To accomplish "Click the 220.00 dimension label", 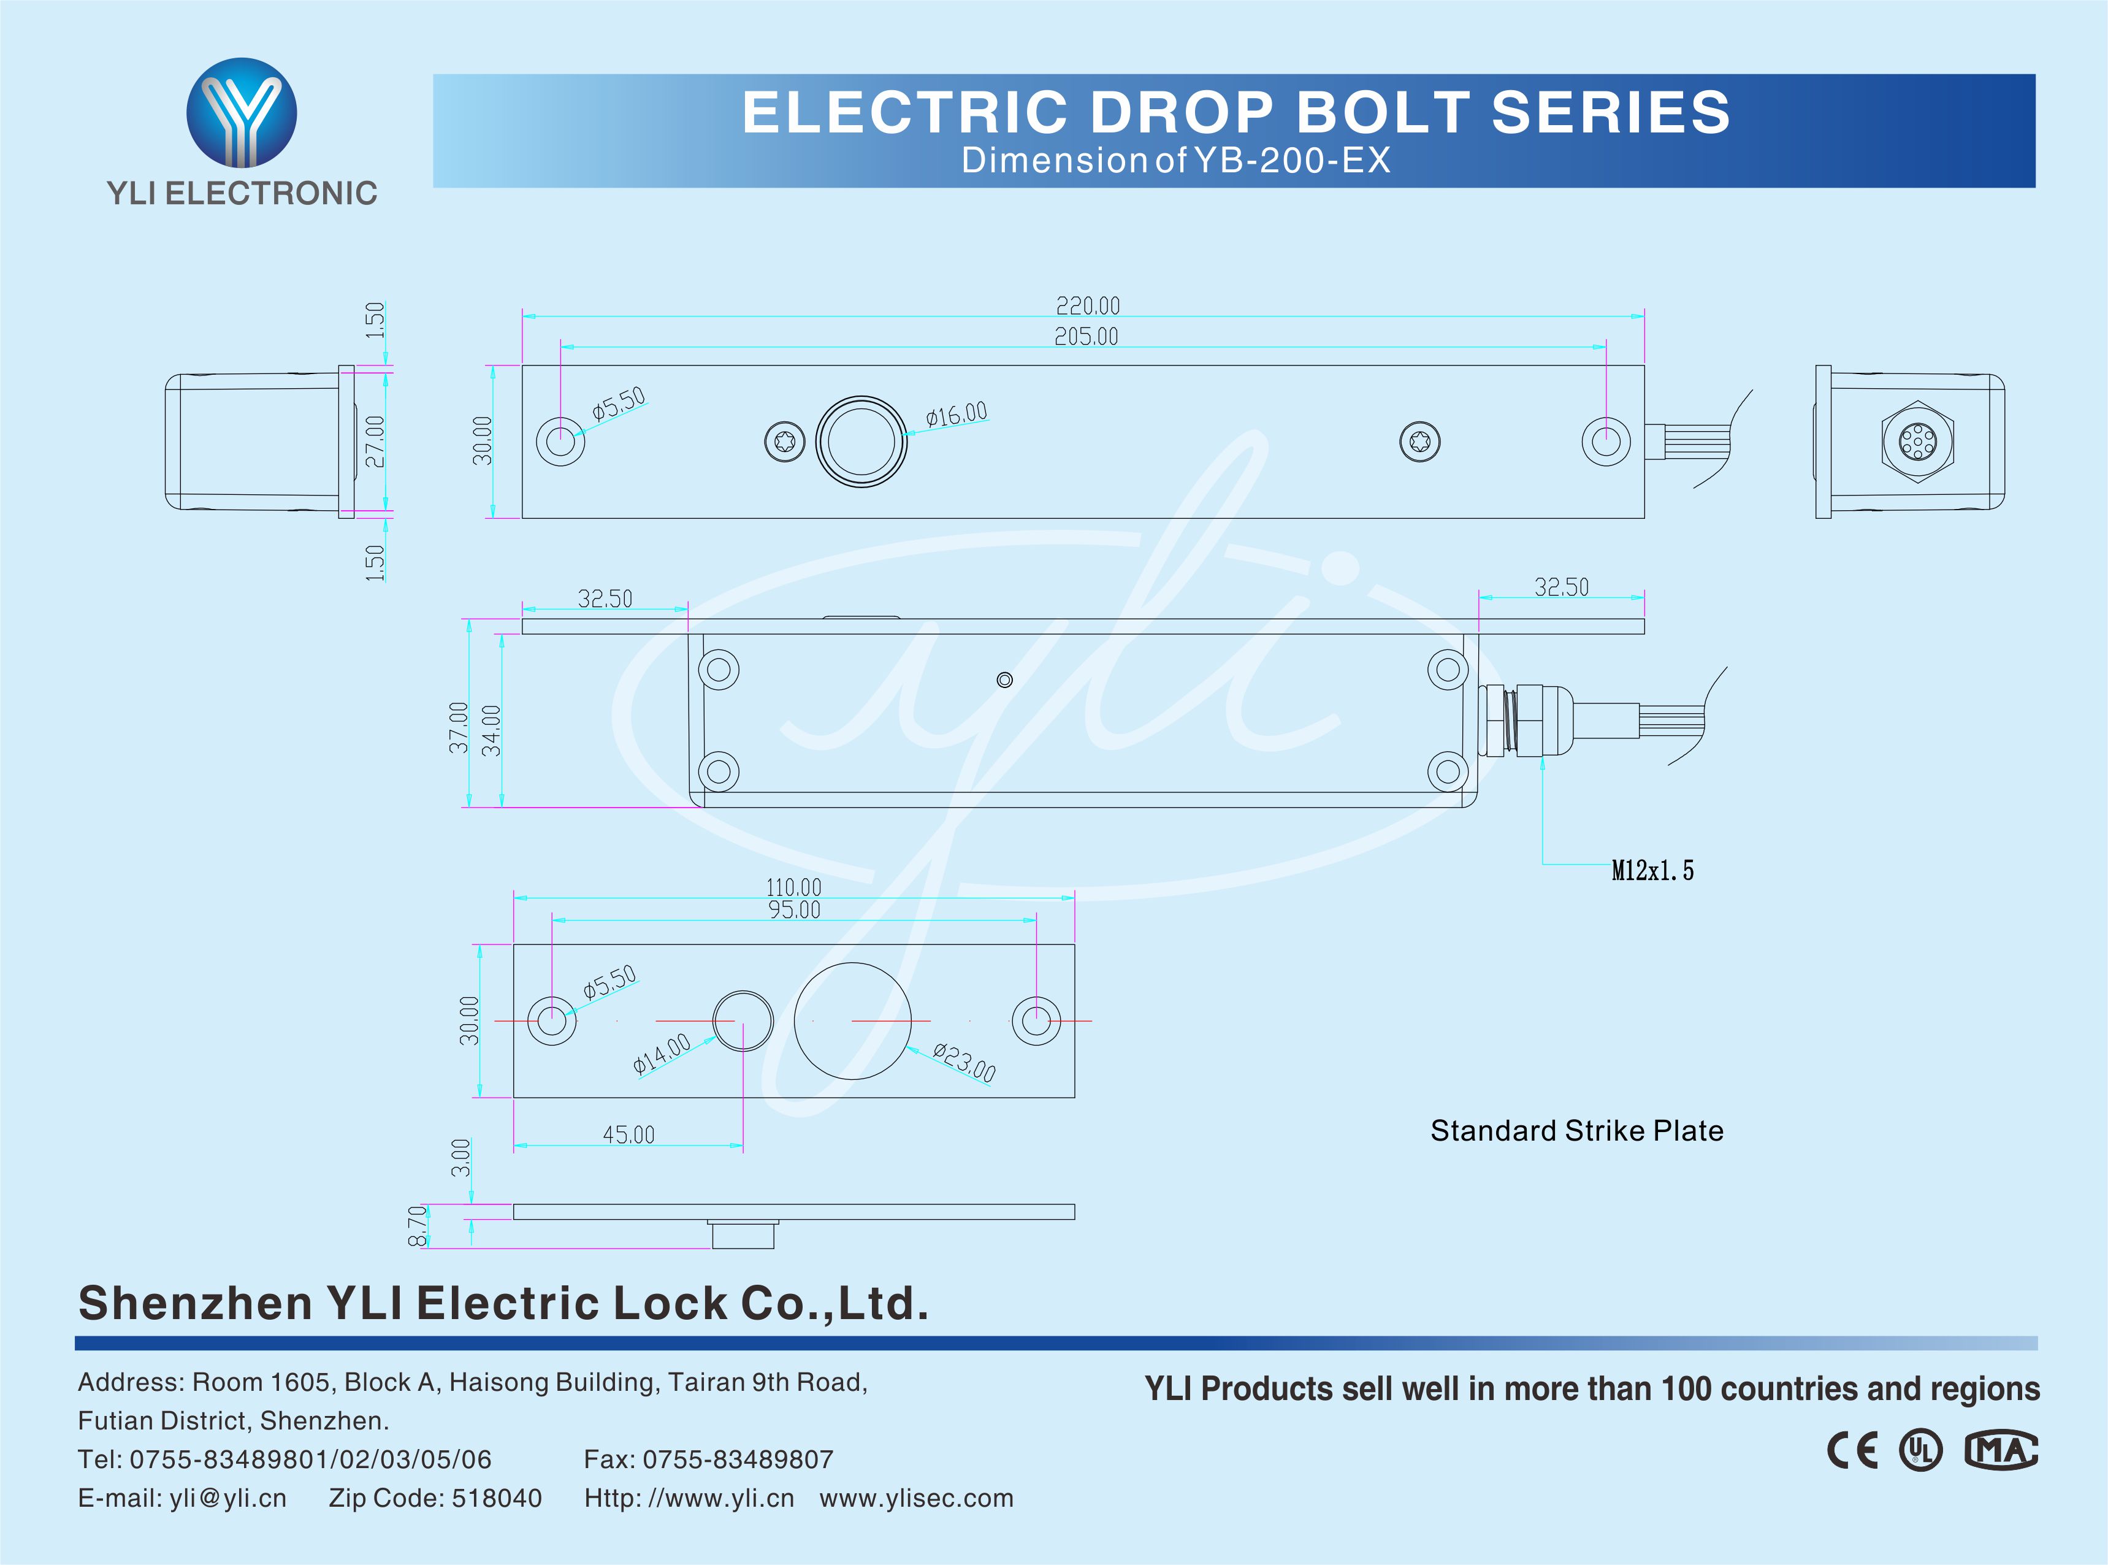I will tap(1087, 306).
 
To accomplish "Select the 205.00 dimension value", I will tap(1086, 336).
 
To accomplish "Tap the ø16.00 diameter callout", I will tap(957, 414).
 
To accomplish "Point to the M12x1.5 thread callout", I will tap(1652, 871).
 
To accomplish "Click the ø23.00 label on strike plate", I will tap(964, 1062).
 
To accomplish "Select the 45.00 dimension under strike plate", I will tap(629, 1134).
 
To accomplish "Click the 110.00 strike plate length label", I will tap(793, 887).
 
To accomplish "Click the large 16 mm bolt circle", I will tap(861, 442).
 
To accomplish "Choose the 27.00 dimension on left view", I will tap(376, 442).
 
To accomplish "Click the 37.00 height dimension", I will tap(459, 727).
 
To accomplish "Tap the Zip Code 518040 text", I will tap(435, 1498).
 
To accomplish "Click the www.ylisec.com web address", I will tap(916, 1498).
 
